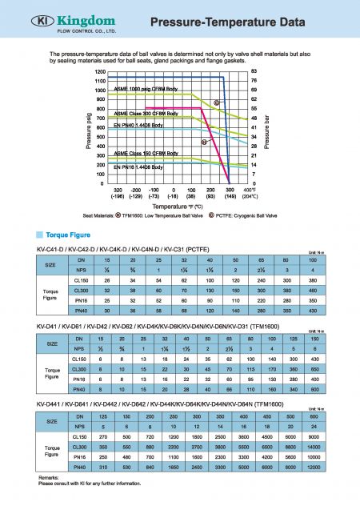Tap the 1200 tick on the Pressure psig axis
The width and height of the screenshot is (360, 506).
[x=100, y=73]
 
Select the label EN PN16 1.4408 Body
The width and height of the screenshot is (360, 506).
[x=139, y=167]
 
